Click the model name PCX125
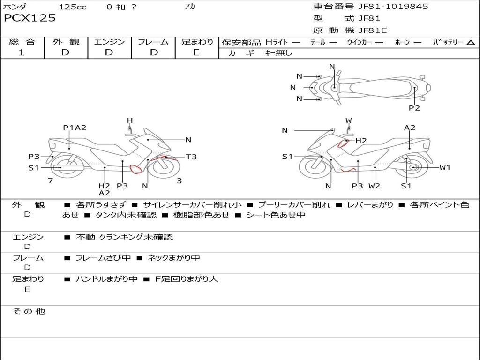(x=30, y=18)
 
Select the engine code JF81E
(x=373, y=30)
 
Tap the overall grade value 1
(x=22, y=52)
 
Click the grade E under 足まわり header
(x=196, y=52)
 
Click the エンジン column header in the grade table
(x=110, y=42)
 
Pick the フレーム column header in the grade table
(x=153, y=42)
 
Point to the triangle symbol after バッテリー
(x=471, y=42)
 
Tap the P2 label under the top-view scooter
(x=414, y=108)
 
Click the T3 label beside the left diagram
(x=191, y=157)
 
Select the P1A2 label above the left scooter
(x=75, y=127)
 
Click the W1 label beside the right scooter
(x=444, y=167)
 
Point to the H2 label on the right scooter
(x=361, y=141)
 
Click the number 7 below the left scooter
(x=50, y=180)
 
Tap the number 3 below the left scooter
(x=179, y=180)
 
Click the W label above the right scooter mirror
(x=348, y=120)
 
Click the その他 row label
(x=29, y=311)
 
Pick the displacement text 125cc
(x=73, y=7)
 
